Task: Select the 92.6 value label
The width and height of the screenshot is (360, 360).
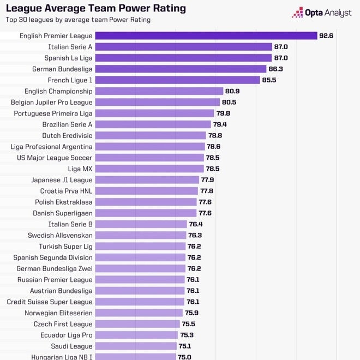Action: coord(326,36)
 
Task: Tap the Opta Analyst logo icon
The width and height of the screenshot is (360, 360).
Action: coord(297,13)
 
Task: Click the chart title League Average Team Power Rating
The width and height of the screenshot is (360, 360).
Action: coord(95,9)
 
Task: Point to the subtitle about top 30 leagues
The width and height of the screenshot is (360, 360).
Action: coord(78,20)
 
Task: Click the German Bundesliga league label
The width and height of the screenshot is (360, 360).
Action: coord(62,69)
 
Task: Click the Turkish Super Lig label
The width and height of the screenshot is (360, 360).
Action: coord(65,247)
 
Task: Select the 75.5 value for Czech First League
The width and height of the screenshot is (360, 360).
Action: coord(188,324)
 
